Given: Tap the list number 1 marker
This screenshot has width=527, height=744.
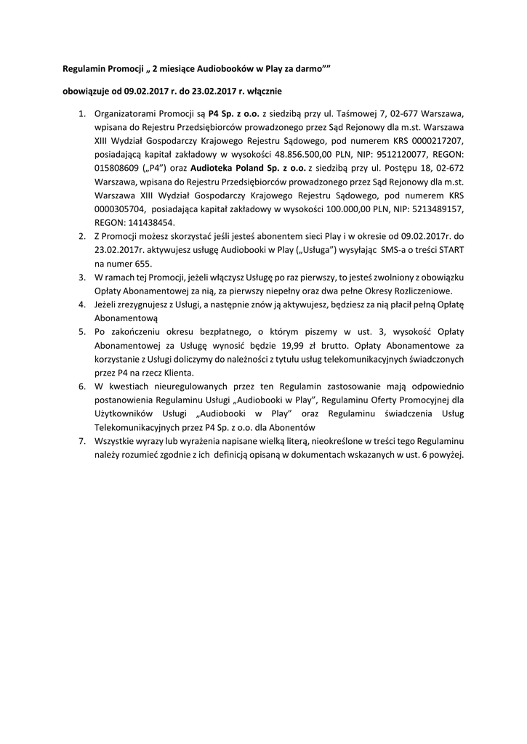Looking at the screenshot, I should coord(81,114).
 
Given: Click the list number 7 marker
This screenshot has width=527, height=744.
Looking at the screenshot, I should coord(81,441).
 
